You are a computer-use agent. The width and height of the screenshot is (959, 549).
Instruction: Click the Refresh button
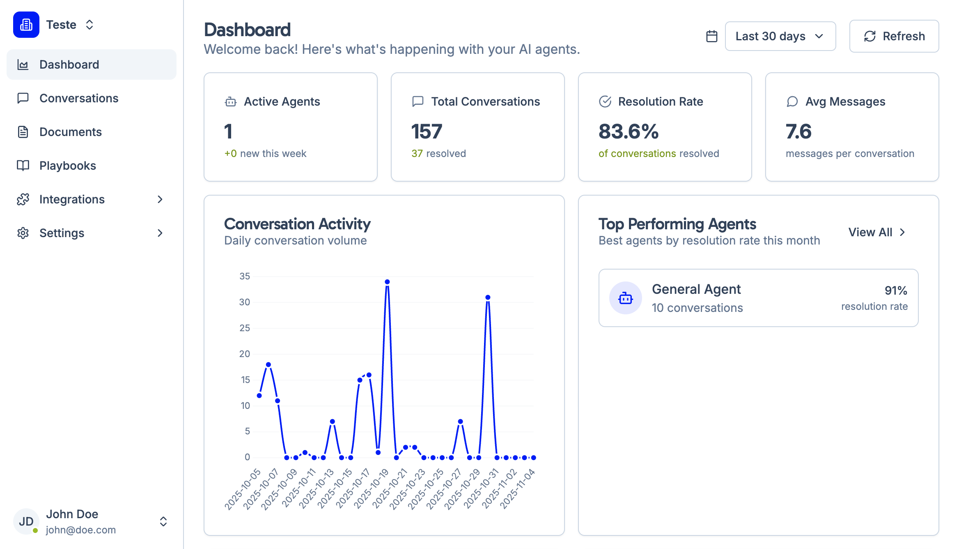(894, 36)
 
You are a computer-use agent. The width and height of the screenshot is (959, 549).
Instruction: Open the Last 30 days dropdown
(780, 36)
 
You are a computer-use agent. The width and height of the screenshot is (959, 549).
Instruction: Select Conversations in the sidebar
(79, 98)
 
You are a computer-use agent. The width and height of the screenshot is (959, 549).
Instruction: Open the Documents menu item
(70, 132)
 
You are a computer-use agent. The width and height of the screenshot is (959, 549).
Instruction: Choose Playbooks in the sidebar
(68, 166)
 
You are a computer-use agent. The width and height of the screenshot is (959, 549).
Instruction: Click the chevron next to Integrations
(160, 199)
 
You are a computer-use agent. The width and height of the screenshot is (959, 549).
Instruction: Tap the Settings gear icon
(23, 233)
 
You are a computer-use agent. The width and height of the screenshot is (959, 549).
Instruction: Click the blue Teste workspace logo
(26, 25)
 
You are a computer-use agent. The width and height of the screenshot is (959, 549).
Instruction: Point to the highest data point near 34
(387, 282)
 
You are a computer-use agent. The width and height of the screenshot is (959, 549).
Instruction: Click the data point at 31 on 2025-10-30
(488, 297)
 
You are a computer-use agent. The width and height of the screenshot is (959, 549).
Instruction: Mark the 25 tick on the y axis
(245, 328)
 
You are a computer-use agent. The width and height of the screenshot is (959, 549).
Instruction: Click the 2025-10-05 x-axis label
(243, 489)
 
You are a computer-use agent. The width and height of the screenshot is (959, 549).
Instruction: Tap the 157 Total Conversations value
(427, 131)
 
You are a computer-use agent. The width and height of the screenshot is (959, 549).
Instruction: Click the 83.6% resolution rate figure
(629, 131)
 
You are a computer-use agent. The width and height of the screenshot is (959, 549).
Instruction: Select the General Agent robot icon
(625, 298)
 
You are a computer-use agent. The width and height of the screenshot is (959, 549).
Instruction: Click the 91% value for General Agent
(895, 291)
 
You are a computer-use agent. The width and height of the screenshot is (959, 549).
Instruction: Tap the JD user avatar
(26, 521)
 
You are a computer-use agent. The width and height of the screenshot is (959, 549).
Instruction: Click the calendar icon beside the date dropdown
(712, 36)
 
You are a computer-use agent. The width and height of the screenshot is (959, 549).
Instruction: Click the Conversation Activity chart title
(297, 224)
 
